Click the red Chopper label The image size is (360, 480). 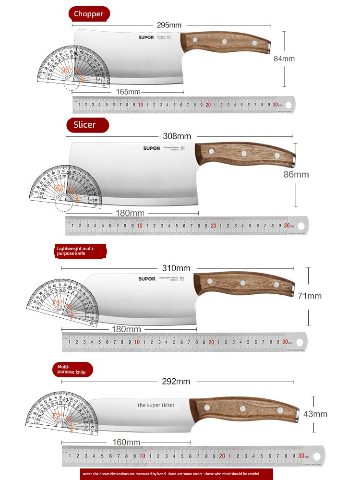[x=89, y=14]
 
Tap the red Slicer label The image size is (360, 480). [x=87, y=125]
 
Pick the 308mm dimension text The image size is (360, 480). [x=178, y=136]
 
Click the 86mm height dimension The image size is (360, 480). [x=296, y=174]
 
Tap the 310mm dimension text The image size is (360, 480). [x=176, y=268]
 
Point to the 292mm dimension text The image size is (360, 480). [x=176, y=382]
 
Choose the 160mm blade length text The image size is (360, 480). [x=127, y=442]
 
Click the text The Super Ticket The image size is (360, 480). [x=156, y=405]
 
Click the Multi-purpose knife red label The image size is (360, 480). [x=72, y=369]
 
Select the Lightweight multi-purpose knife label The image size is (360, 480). [x=80, y=251]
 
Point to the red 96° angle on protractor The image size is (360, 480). [x=66, y=70]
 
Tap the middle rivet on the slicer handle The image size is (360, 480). [x=244, y=154]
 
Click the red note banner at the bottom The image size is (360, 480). [x=177, y=474]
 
